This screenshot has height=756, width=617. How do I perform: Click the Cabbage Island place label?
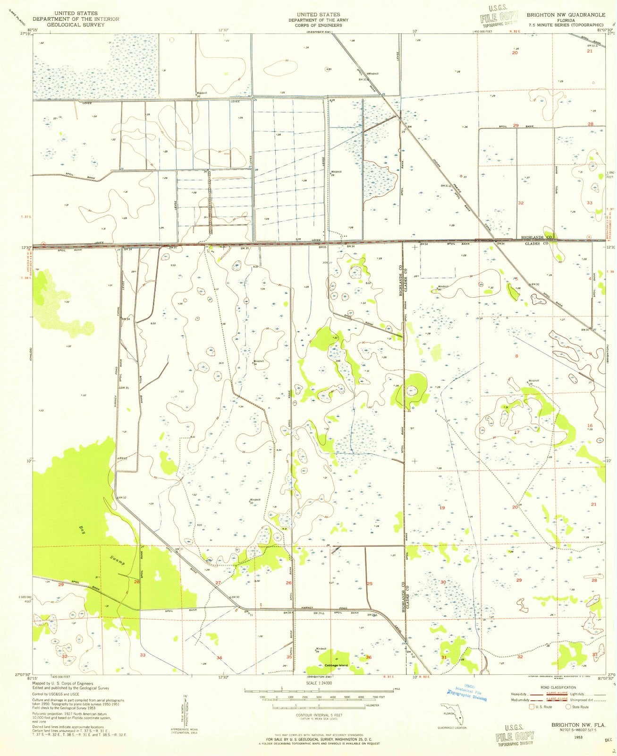[336, 666]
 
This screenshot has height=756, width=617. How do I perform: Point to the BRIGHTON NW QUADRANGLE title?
[565, 15]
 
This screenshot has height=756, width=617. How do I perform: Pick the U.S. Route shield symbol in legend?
[532, 707]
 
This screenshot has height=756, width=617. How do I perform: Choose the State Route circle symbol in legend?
[568, 707]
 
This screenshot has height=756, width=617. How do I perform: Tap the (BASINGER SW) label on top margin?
[319, 32]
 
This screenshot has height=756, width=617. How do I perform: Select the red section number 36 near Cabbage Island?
[368, 657]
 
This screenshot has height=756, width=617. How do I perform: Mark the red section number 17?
[516, 432]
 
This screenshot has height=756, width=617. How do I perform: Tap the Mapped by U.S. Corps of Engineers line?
[62, 683]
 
